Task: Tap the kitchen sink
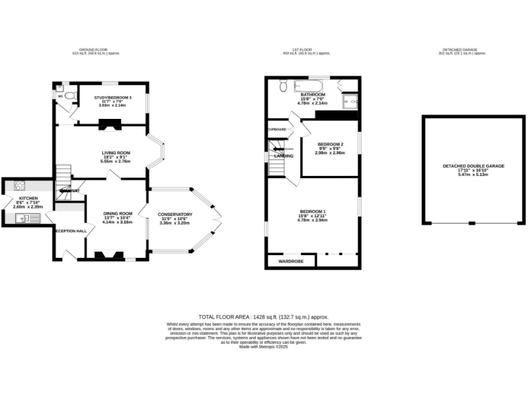(x=19, y=219)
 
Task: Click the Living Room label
(x=115, y=153)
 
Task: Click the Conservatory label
(x=175, y=214)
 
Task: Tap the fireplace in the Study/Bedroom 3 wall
(x=109, y=124)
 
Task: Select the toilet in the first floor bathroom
(x=282, y=86)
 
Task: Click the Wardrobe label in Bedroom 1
(x=291, y=261)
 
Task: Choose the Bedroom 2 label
(x=330, y=144)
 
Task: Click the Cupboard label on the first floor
(x=277, y=129)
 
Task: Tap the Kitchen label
(x=28, y=198)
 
